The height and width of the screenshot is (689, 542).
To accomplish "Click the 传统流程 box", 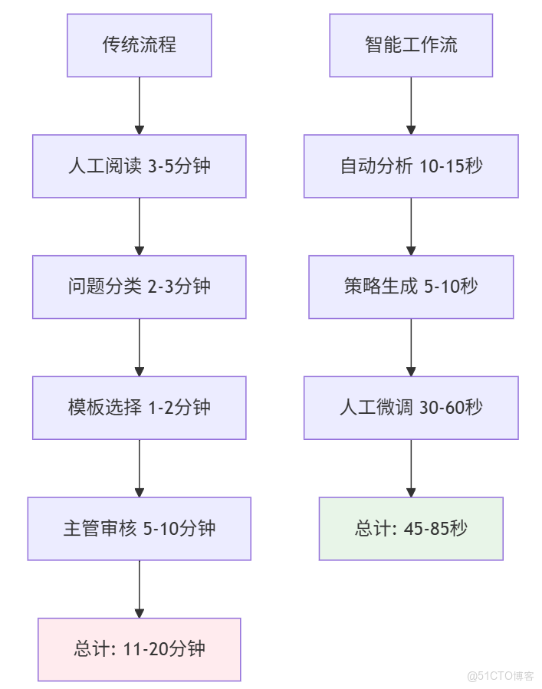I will pyautogui.click(x=139, y=45).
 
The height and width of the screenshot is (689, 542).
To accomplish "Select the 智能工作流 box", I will pyautogui.click(x=411, y=45).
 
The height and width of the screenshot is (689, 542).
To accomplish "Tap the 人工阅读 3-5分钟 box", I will pyautogui.click(x=139, y=166).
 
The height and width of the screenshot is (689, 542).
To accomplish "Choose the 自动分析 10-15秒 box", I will pyautogui.click(x=411, y=166).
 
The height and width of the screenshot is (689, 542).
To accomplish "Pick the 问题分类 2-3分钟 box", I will pyautogui.click(x=139, y=287).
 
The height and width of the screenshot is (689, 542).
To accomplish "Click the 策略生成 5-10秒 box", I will pyautogui.click(x=411, y=287).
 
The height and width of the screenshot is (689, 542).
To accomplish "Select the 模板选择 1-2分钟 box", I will pyautogui.click(x=139, y=407).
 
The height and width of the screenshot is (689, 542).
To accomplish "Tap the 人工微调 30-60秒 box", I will pyautogui.click(x=411, y=407).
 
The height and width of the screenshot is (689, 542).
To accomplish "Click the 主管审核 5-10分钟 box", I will pyautogui.click(x=139, y=528).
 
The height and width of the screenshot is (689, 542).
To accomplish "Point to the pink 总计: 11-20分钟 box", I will pyautogui.click(x=139, y=649).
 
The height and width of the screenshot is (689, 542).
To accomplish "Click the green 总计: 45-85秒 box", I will pyautogui.click(x=411, y=528).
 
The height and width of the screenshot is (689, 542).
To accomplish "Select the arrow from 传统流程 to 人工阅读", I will pyautogui.click(x=139, y=106).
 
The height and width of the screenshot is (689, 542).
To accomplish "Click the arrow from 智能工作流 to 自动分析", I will pyautogui.click(x=411, y=106).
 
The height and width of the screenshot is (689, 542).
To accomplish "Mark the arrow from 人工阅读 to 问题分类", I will pyautogui.click(x=139, y=226).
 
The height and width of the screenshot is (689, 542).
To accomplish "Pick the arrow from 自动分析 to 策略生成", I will pyautogui.click(x=411, y=226).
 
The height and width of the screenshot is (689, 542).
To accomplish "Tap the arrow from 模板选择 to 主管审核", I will pyautogui.click(x=139, y=468).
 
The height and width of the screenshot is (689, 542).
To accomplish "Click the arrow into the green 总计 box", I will pyautogui.click(x=411, y=468).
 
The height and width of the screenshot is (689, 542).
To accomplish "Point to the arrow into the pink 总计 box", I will pyautogui.click(x=139, y=589).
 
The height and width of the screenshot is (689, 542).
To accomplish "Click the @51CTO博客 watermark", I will pyautogui.click(x=500, y=676).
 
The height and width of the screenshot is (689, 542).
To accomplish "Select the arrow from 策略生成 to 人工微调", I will pyautogui.click(x=411, y=347).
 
